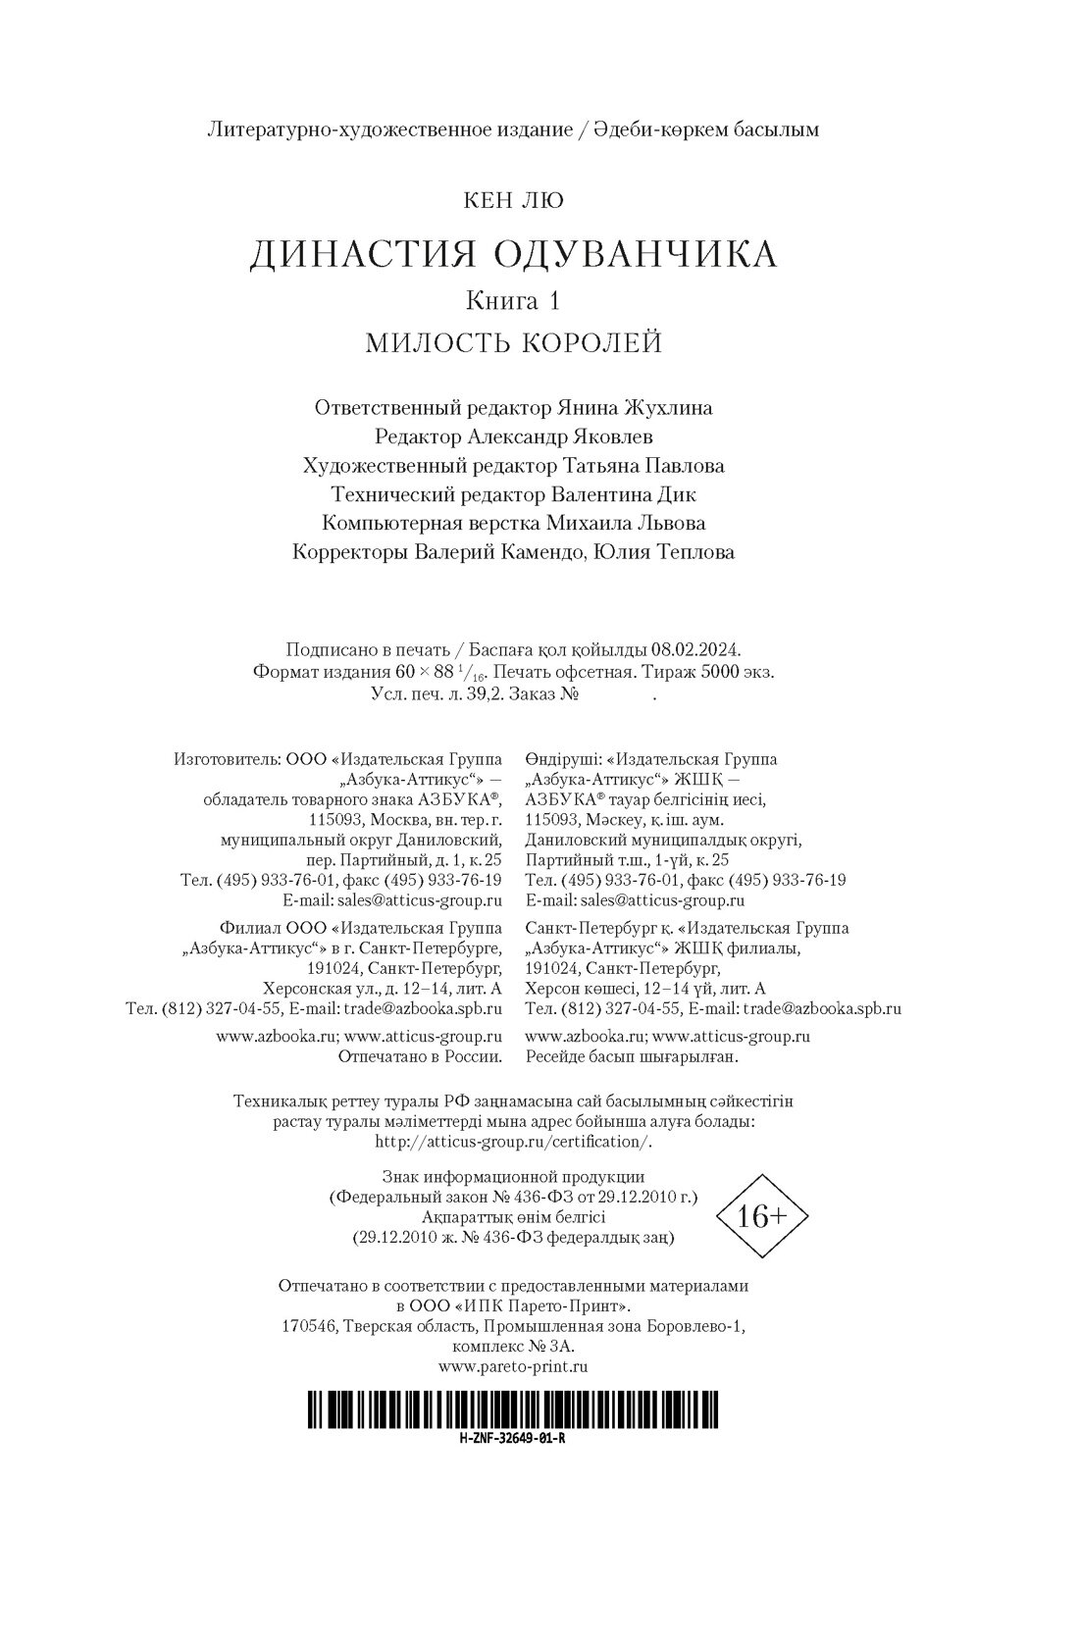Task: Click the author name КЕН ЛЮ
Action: tap(513, 201)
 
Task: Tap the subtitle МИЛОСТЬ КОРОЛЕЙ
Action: tap(513, 343)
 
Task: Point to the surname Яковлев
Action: tap(604, 436)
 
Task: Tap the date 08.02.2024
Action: tap(698, 649)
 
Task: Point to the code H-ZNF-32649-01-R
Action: tap(513, 1438)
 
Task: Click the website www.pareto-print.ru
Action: tap(513, 1364)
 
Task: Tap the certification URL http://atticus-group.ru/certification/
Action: tap(513, 1142)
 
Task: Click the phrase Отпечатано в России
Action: tap(420, 1056)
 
